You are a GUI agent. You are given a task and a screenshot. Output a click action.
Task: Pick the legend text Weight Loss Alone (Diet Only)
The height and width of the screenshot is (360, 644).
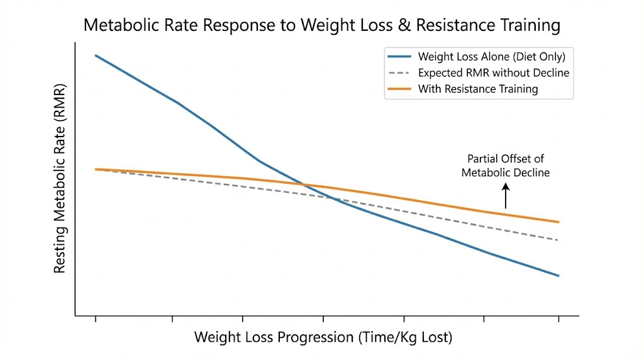point(492,57)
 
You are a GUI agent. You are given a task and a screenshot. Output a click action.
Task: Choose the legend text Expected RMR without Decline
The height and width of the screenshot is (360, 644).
point(494,73)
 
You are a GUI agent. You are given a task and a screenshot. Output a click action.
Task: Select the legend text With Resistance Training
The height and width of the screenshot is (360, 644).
point(478,89)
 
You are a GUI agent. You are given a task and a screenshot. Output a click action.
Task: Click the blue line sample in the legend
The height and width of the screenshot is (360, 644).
point(401,57)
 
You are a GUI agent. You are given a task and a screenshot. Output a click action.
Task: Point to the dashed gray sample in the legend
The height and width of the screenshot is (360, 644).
point(401,73)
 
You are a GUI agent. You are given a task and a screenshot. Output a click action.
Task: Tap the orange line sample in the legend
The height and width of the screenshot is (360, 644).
point(401,89)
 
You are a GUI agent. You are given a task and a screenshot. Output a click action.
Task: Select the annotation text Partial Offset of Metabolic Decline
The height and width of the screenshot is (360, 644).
point(506,166)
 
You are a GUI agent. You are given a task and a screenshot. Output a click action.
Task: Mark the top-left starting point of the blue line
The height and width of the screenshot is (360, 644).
point(96,55)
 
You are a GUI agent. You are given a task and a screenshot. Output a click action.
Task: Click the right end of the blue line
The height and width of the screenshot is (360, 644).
point(558,276)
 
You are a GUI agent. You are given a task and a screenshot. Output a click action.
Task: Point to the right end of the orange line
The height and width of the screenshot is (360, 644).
point(558,222)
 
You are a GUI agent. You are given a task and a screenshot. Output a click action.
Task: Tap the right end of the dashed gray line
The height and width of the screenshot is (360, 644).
point(558,240)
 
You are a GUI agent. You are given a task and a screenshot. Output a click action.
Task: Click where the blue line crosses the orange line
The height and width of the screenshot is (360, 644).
point(305,185)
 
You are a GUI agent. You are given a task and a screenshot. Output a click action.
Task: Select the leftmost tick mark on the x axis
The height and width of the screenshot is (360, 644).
point(96,319)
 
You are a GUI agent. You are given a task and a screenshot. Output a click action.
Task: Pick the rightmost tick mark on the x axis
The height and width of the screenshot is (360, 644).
point(558,319)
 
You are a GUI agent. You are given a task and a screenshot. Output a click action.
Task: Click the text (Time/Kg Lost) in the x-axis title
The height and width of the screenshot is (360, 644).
point(405,337)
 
